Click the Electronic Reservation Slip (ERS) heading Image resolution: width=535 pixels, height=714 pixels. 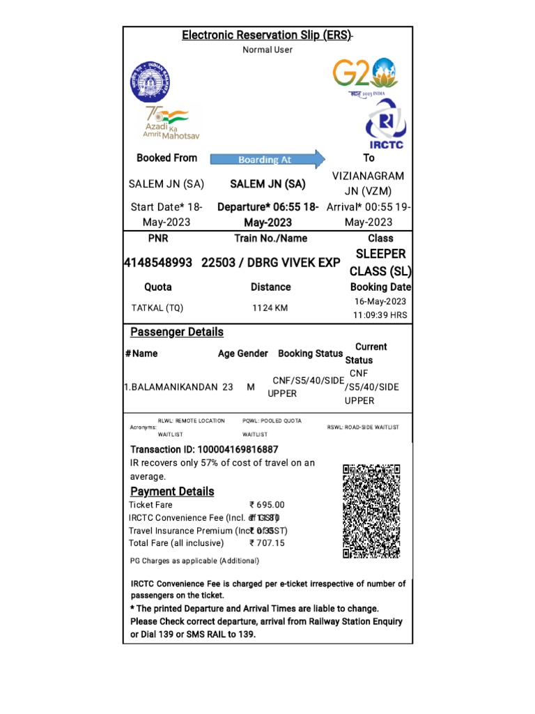267,35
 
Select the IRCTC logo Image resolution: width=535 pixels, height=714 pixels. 385,125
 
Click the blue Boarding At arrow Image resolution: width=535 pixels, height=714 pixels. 268,159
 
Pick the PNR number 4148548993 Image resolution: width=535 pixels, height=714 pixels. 158,262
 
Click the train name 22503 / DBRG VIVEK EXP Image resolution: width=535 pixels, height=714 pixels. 271,262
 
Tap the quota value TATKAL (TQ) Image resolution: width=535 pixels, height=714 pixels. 157,307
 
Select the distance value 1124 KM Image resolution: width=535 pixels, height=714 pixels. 270,307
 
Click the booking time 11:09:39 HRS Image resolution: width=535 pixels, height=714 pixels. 380,314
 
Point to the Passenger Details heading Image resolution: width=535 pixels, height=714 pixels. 177,332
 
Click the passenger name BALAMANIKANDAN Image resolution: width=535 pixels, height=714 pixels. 171,386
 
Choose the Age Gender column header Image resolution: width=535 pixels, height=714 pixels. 242,354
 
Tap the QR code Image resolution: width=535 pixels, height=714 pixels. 371,511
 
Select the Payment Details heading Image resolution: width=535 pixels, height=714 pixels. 172,492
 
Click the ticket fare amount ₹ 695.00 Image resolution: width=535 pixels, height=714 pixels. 267,505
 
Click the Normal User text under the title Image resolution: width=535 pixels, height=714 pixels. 267,50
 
